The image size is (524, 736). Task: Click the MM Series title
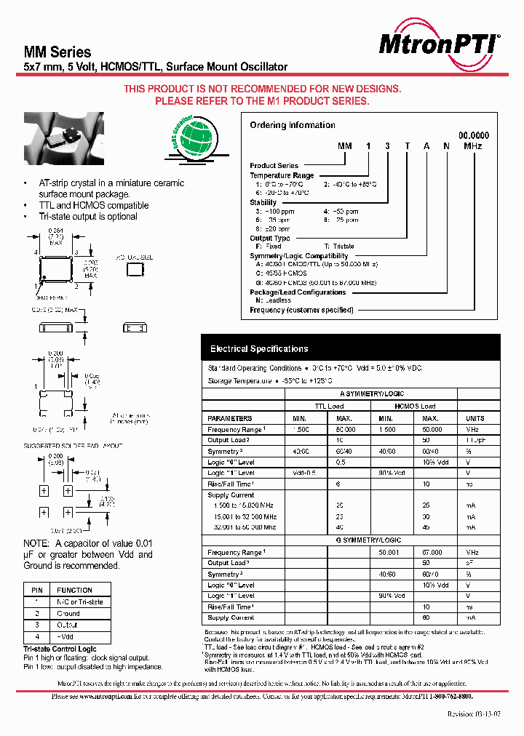57,52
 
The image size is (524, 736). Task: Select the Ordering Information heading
293,125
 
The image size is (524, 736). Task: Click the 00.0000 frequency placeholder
473,135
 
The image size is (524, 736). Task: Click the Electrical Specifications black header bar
351,348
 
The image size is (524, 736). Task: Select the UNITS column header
475,418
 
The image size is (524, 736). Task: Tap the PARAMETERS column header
229,418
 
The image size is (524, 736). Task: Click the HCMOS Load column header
416,406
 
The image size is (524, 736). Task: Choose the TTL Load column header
328,406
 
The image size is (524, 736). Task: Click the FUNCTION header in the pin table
75,590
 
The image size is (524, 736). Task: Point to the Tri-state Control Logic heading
60,649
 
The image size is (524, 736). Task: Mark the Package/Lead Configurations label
298,292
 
